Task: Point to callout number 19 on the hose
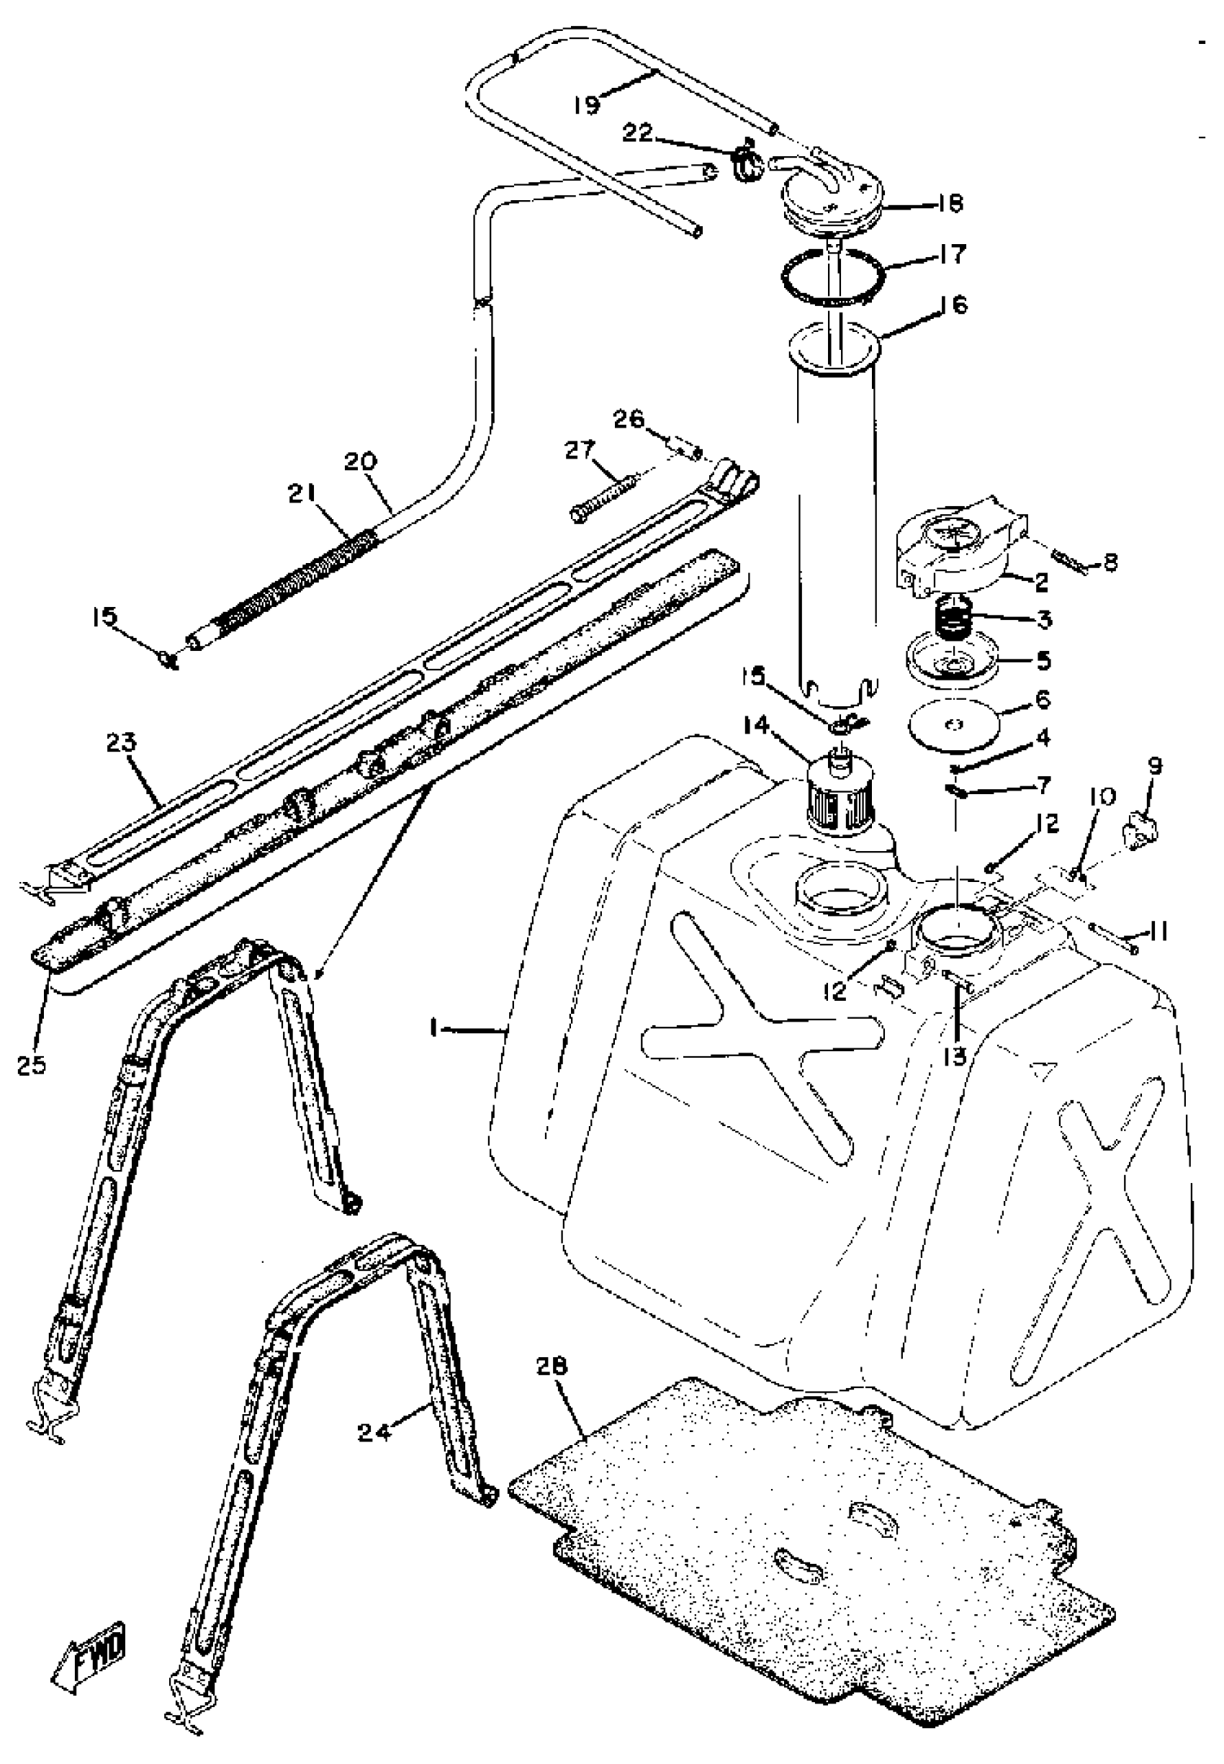[x=587, y=104]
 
